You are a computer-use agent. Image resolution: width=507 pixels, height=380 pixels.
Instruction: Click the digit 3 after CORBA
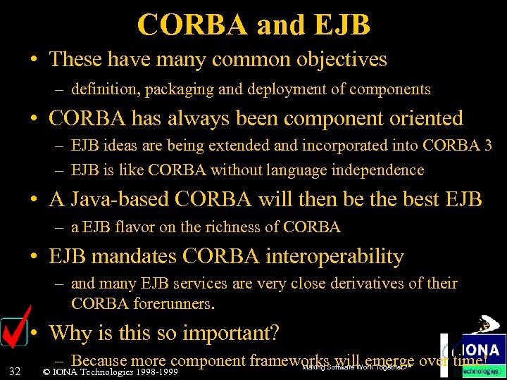coord(487,146)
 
